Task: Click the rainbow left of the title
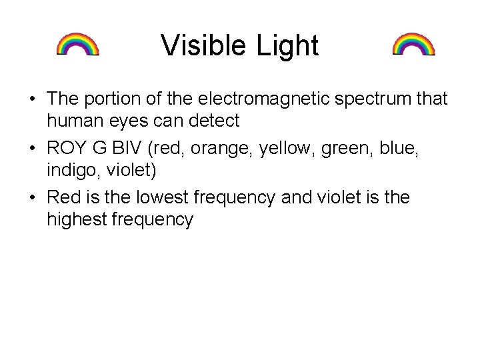point(77,44)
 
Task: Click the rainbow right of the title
point(413,44)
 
